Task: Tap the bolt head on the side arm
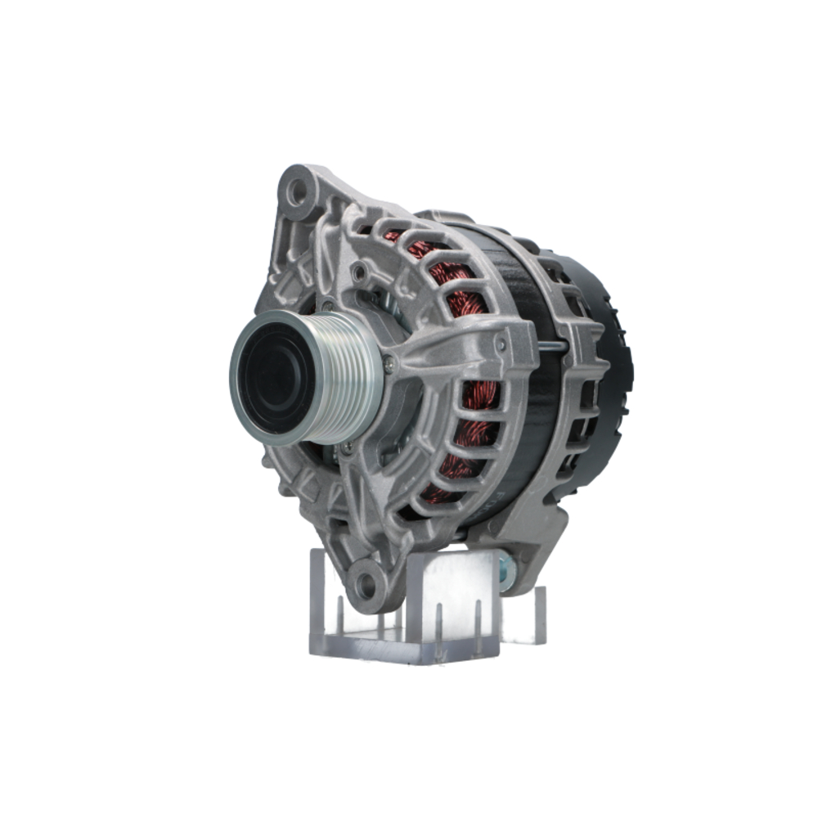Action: point(501,344)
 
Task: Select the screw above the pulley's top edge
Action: point(327,307)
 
